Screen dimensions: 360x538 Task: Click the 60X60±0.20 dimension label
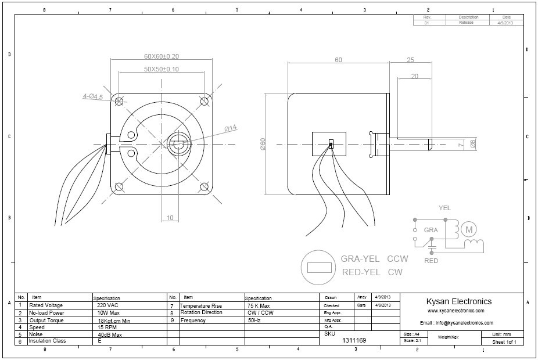(x=161, y=57)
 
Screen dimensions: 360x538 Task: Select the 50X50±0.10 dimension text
(x=161, y=69)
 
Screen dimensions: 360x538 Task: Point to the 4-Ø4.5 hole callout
(x=92, y=97)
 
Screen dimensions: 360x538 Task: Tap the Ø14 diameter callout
(x=229, y=128)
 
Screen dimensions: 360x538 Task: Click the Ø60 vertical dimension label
(x=263, y=145)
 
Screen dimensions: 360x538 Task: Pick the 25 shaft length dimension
(x=410, y=60)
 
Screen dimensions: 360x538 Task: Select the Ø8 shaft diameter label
(x=472, y=144)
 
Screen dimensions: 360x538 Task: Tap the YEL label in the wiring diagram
(x=444, y=208)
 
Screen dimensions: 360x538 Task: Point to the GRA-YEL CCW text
(x=375, y=259)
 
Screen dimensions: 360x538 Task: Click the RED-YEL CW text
(x=372, y=272)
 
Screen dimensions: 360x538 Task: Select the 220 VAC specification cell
(x=108, y=305)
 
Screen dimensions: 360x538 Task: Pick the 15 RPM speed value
(x=107, y=327)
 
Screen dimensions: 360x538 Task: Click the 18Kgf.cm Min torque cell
(x=113, y=320)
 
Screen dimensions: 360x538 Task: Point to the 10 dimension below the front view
(x=170, y=218)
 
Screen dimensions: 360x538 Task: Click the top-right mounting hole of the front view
(x=205, y=102)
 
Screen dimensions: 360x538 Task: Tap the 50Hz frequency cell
(x=254, y=320)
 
